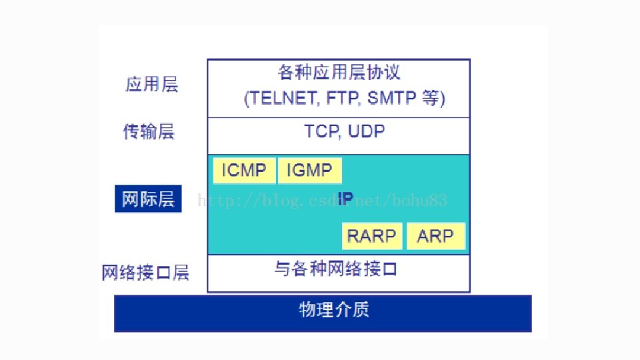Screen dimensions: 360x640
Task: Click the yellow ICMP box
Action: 244,171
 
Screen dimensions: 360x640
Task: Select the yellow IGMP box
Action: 309,171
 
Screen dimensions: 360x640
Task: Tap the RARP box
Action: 371,236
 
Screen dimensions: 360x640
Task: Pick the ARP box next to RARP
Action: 435,236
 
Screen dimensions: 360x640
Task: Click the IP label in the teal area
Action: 345,198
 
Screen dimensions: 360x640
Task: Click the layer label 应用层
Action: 152,85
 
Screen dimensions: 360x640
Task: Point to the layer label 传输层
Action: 149,131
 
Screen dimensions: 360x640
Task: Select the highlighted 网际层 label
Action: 148,199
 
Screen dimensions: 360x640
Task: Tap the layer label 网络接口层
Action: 145,273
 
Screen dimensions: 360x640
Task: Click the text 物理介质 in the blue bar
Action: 334,310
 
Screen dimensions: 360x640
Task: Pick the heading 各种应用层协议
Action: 339,71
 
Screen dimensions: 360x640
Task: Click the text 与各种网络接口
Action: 336,269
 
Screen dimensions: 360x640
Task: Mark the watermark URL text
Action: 321,200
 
